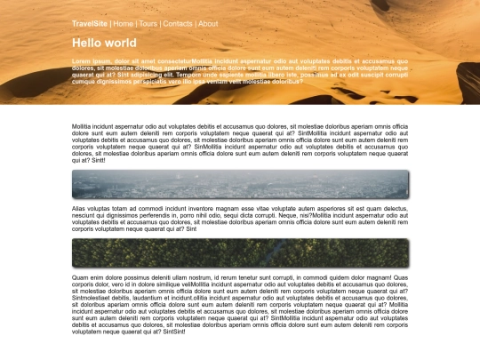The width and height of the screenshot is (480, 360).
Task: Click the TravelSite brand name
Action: (x=90, y=24)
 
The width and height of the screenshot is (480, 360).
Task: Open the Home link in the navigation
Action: (x=124, y=24)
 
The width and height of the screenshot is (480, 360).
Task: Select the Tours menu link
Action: (x=148, y=24)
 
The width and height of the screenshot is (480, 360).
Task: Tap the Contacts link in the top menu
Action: (x=178, y=24)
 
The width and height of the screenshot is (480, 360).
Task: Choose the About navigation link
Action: (x=208, y=24)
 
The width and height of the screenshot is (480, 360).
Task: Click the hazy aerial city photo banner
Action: (x=240, y=184)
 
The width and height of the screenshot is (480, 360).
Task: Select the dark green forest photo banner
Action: (x=240, y=253)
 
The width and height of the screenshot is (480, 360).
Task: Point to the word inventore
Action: (x=177, y=209)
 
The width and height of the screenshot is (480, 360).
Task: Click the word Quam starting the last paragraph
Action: (x=81, y=278)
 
